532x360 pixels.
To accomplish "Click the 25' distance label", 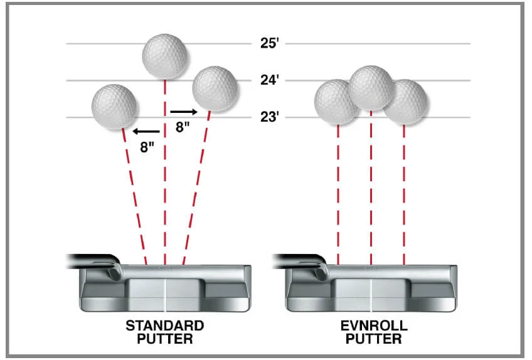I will (269, 44).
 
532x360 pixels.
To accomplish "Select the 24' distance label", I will (269, 80).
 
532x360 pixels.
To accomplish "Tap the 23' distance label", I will (269, 117).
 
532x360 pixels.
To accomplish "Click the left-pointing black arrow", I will (145, 132).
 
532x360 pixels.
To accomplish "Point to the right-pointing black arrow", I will (185, 112).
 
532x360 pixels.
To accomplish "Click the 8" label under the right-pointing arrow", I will (183, 127).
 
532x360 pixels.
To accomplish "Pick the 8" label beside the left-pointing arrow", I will (147, 149).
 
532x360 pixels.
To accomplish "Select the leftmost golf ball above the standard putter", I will (114, 107).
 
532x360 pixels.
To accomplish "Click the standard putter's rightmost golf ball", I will (215, 89).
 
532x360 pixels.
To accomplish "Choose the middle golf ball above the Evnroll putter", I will (371, 87).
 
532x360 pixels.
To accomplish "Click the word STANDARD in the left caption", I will (165, 326).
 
